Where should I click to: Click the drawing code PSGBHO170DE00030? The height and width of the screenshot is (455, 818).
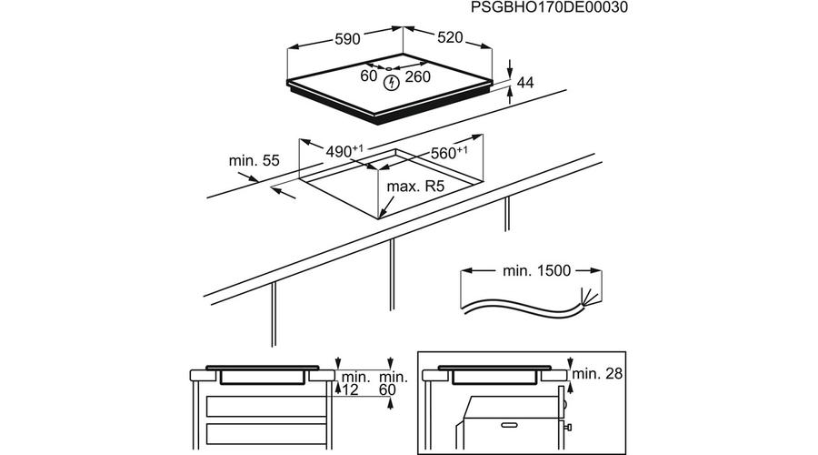coord(550,7)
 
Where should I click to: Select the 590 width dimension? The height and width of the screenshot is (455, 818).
coord(348,38)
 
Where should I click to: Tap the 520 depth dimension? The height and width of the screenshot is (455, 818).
coord(450,37)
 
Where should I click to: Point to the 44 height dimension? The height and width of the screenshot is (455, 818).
coord(524,83)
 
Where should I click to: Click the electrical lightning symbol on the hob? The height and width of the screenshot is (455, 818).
coord(392,83)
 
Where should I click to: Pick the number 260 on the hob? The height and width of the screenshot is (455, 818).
coord(418,76)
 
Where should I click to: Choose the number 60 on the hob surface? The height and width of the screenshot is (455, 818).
coord(368,76)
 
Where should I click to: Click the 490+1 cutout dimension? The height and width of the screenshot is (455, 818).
coord(346,150)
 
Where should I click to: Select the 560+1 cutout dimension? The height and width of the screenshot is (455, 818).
coord(449,153)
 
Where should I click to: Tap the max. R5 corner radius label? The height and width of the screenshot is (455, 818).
coord(415,187)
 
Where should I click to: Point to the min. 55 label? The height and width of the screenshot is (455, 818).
coord(254,160)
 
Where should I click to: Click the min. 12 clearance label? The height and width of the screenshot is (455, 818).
coord(351,382)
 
